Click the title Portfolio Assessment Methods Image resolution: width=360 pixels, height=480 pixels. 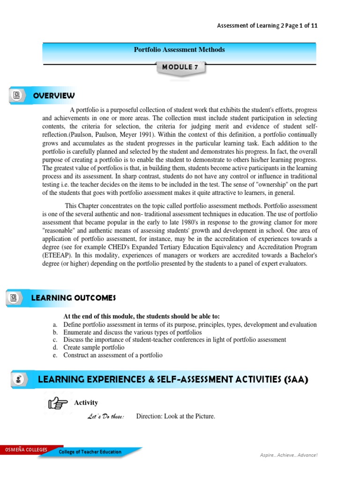tap(180, 50)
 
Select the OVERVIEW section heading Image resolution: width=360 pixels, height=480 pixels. tap(54, 96)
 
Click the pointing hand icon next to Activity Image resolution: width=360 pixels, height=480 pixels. tap(58, 402)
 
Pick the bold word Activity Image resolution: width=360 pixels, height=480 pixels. tap(86, 403)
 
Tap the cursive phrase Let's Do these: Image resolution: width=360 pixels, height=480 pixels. tap(106, 417)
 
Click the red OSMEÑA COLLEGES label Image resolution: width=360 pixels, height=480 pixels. tap(26, 450)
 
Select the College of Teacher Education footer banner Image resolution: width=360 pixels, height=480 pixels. tap(90, 452)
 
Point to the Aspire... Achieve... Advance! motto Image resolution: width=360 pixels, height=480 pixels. tap(289, 455)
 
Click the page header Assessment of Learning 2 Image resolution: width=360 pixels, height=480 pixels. tap(248, 26)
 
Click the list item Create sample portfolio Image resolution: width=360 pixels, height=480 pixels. tap(94, 347)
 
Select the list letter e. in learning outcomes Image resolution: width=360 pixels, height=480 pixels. tap(55, 355)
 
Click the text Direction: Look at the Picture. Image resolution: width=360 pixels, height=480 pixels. tap(175, 417)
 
